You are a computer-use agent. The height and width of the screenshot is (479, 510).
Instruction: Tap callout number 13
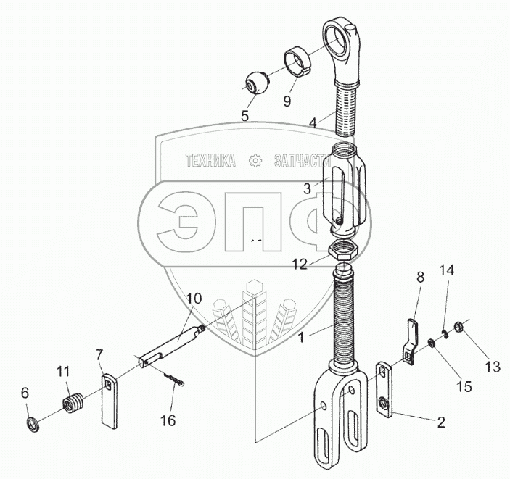click(493, 367)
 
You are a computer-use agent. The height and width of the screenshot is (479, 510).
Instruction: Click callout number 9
click(287, 101)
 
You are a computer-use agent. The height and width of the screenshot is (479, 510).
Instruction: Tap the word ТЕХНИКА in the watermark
click(210, 161)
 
